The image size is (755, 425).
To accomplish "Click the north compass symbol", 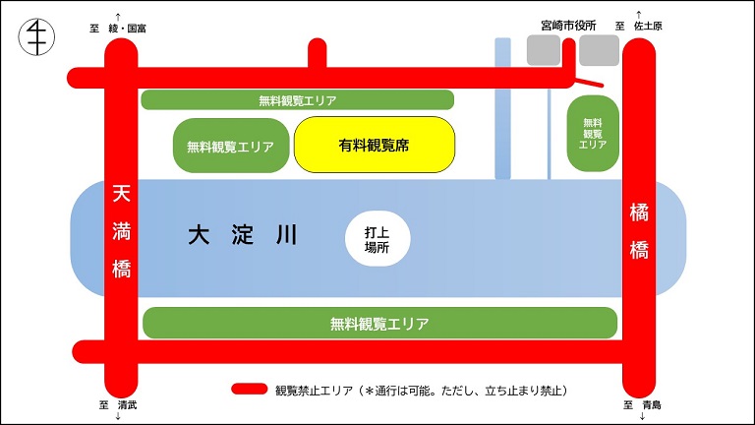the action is point(36,36).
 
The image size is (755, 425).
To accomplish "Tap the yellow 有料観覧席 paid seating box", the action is point(375,145).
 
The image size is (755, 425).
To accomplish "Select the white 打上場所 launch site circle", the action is point(377,238).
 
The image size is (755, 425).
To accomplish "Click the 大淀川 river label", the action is point(243,235).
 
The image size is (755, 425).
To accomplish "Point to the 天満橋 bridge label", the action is point(121,232).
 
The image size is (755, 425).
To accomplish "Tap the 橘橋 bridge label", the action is point(639,231).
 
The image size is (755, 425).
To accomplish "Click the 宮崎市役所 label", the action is point(568,26).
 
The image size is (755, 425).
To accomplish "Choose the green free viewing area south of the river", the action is point(379,323).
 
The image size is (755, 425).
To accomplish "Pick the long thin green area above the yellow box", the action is point(298,99).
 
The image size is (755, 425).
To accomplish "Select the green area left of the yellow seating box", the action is point(231,146).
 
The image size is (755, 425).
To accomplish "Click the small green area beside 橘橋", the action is point(593,134).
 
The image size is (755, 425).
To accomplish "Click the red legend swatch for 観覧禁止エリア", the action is point(250,389).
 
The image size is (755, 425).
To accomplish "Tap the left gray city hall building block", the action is point(544,49).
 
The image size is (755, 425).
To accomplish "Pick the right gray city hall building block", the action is point(599,49).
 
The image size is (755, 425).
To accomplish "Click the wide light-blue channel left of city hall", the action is point(502,108).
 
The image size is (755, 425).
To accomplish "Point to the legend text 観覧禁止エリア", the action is point(314,391).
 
